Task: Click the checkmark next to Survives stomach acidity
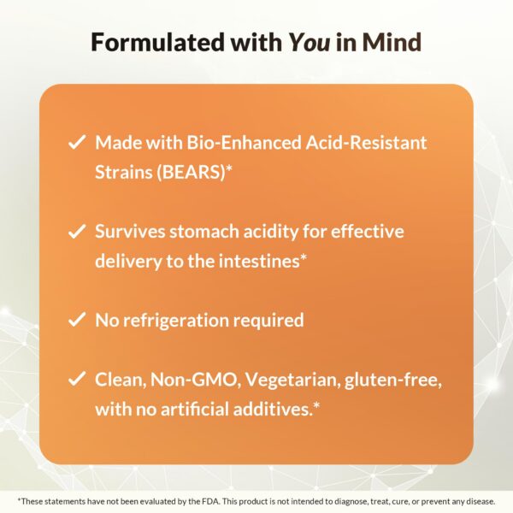click(x=76, y=232)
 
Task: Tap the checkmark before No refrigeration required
click(x=76, y=321)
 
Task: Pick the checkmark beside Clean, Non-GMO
click(x=76, y=380)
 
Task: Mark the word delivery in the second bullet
click(x=128, y=261)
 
